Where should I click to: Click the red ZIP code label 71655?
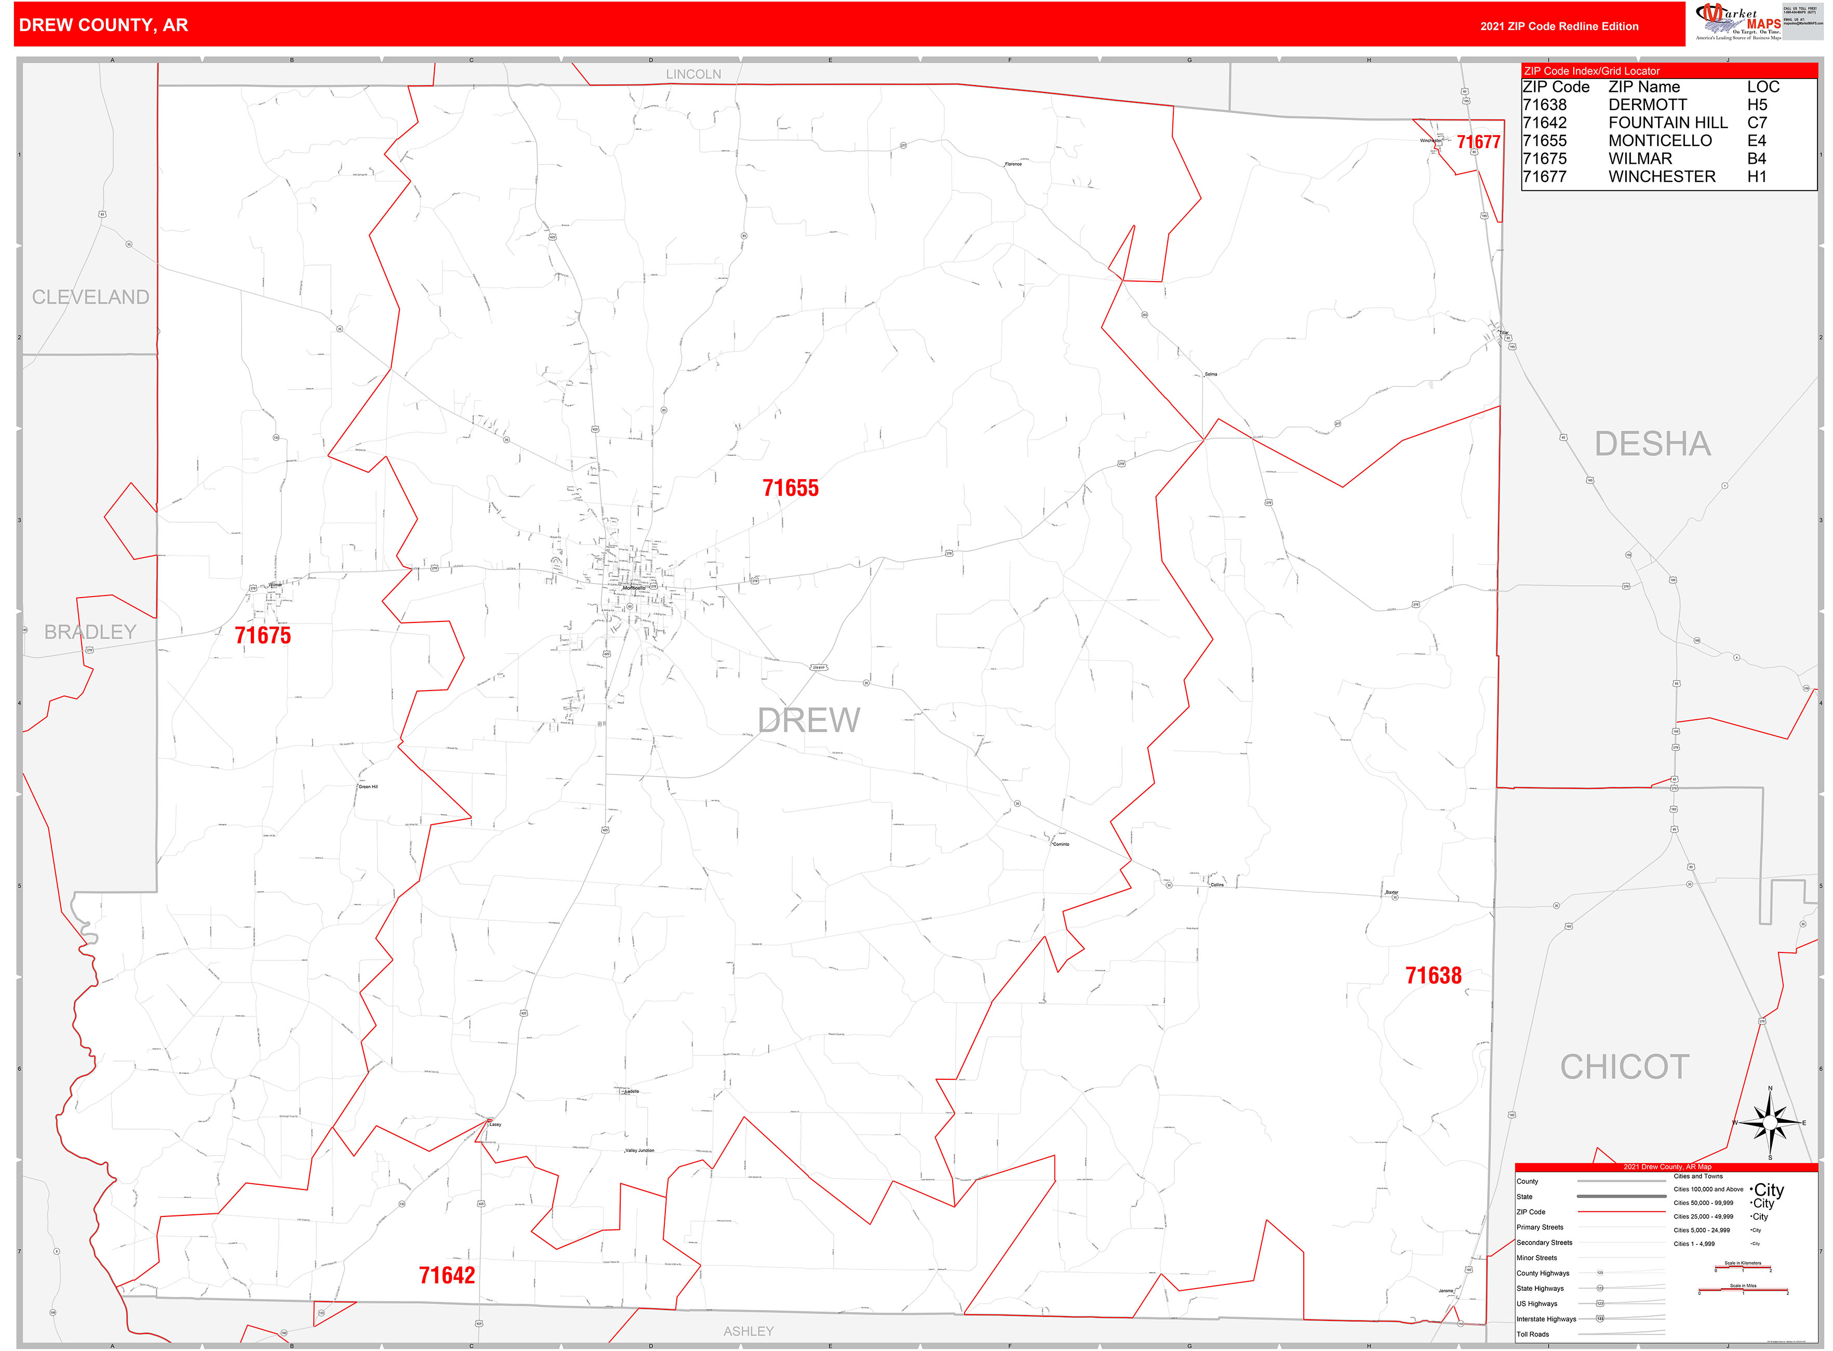coord(790,488)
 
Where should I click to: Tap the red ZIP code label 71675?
coord(262,635)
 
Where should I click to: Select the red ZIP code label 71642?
coord(446,1275)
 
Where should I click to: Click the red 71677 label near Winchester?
coord(1478,142)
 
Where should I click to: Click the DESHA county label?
coord(1652,444)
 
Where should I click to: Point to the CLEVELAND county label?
coord(90,297)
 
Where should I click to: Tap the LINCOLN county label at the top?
coord(693,74)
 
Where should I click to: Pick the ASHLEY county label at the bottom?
coord(748,1331)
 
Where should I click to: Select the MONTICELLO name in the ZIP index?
coord(1659,141)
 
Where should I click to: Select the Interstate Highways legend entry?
coord(1546,1319)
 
